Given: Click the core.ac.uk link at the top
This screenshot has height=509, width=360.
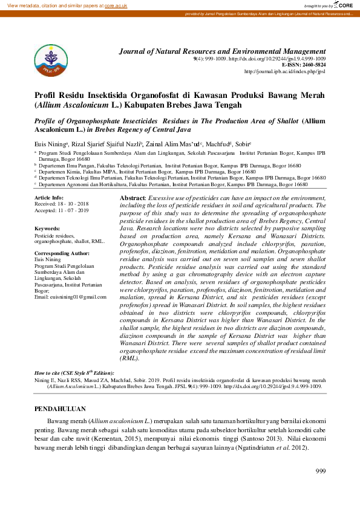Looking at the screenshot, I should point(116,5).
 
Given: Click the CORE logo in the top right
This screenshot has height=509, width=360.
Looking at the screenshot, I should point(344,5).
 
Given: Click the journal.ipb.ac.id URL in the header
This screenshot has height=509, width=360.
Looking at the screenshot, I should point(284,71).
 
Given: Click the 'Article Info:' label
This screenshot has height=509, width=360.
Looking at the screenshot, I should point(49,198).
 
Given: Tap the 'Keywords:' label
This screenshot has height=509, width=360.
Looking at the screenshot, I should point(47,229).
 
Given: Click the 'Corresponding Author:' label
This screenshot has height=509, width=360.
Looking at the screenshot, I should point(62,253).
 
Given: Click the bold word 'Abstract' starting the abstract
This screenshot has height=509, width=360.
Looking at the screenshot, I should point(133,198).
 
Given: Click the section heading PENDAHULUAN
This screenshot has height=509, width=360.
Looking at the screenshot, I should point(60,409).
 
